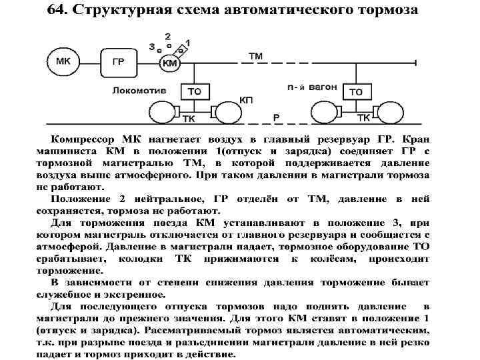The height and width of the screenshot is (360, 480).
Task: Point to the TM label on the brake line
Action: coord(255,55)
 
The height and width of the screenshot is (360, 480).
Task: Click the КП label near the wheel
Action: coord(245,100)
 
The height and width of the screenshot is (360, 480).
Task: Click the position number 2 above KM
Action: coord(167,35)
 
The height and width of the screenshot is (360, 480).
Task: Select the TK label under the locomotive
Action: coord(190,119)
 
